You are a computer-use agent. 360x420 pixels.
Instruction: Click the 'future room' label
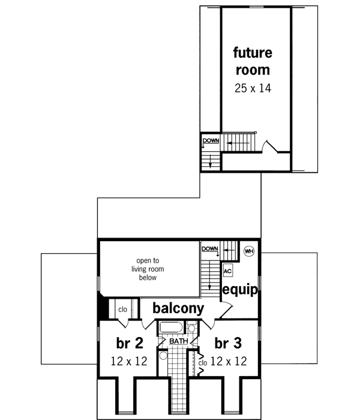coord(253,61)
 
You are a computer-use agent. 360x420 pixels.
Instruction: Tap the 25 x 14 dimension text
coord(253,88)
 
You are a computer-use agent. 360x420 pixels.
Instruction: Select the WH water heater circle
coord(250,250)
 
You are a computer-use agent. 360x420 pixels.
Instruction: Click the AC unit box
coord(227,271)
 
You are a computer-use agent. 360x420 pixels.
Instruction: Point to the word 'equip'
coord(240,290)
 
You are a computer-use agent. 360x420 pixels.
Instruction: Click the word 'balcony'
coord(178,308)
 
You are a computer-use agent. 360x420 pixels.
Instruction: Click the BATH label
coord(178,341)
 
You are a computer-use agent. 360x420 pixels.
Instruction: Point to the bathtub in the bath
coord(172,328)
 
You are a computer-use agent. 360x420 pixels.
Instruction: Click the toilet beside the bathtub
coord(191,328)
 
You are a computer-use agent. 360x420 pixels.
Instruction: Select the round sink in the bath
coord(163,355)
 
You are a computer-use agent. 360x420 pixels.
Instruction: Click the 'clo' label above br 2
coord(122,310)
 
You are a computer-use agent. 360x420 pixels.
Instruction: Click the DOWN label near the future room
coord(211,142)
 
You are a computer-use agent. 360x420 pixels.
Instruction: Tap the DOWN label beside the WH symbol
coord(209,248)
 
